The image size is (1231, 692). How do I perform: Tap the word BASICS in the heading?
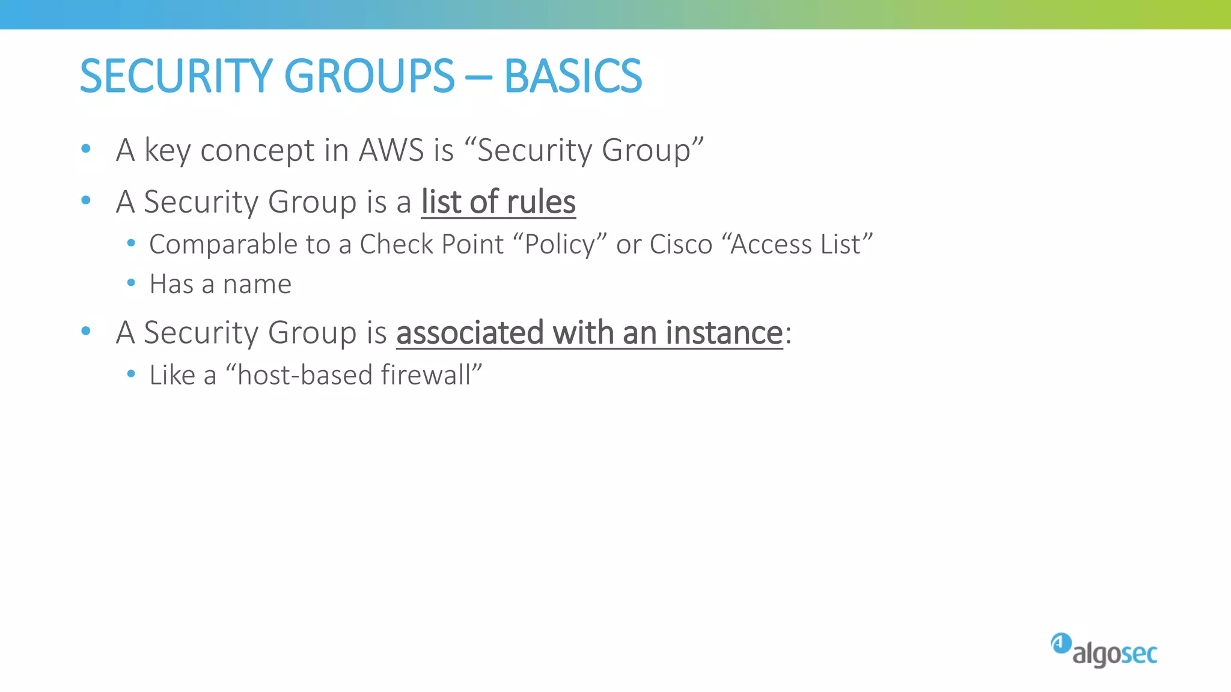click(x=573, y=76)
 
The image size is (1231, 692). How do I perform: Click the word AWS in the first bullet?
click(x=391, y=150)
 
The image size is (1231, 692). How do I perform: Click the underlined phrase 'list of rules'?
click(x=498, y=202)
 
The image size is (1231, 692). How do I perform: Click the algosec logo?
click(x=1104, y=651)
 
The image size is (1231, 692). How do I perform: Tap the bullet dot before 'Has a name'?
click(x=131, y=283)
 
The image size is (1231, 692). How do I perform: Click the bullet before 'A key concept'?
click(x=86, y=148)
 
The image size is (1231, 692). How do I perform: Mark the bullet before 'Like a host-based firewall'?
click(x=131, y=374)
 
